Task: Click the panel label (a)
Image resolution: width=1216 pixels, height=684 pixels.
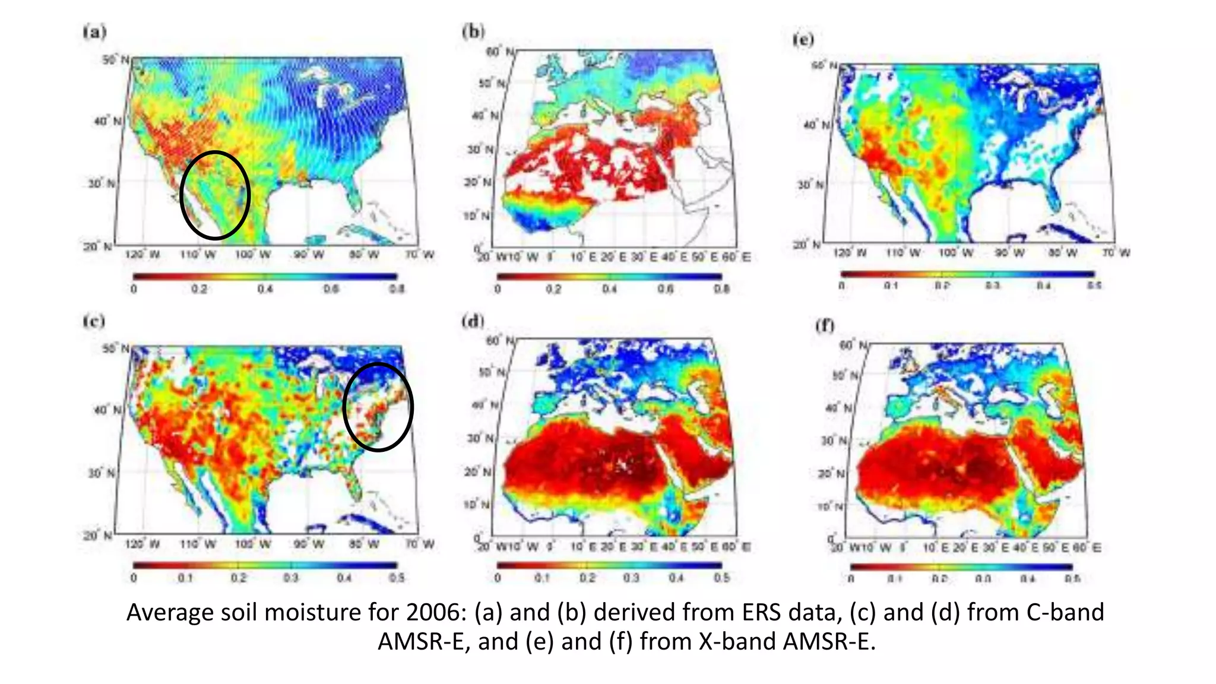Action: pyautogui.click(x=95, y=31)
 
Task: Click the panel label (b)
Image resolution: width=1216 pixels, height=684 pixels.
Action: pyautogui.click(x=473, y=31)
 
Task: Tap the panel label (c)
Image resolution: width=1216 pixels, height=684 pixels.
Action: pyautogui.click(x=94, y=321)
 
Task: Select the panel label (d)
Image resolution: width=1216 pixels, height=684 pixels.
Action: pyautogui.click(x=473, y=321)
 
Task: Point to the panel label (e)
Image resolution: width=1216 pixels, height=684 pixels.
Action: pyautogui.click(x=803, y=39)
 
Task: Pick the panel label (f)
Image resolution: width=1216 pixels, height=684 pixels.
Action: pyautogui.click(x=825, y=325)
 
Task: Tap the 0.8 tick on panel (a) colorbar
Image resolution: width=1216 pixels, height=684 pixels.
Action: pyautogui.click(x=397, y=289)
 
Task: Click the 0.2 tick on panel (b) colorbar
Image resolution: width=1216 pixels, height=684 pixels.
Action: pyautogui.click(x=553, y=289)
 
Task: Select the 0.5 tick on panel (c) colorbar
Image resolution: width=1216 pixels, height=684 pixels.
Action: pyautogui.click(x=397, y=578)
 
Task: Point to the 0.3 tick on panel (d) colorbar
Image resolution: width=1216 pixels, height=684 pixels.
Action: pyautogui.click(x=631, y=578)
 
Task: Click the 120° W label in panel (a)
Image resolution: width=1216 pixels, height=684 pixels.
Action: pyautogui.click(x=142, y=255)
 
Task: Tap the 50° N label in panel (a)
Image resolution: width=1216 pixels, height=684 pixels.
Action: pyautogui.click(x=115, y=59)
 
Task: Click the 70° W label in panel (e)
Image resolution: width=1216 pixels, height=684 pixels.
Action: pyautogui.click(x=1116, y=253)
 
